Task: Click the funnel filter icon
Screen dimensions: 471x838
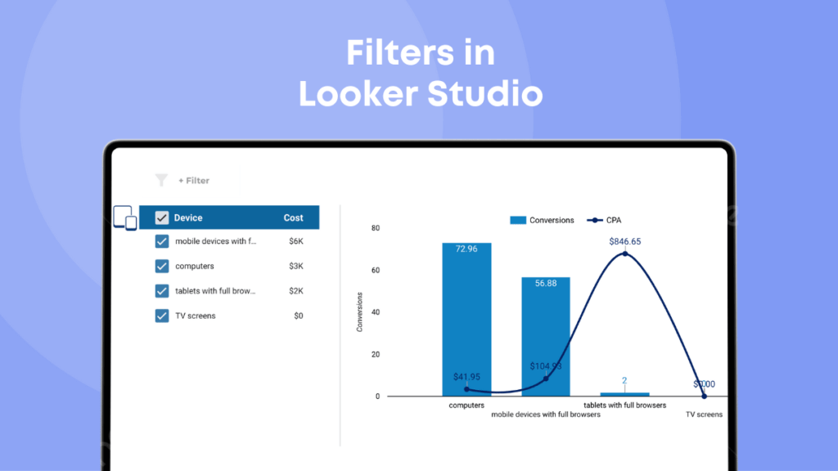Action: coord(161,181)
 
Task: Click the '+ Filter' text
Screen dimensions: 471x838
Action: coord(194,181)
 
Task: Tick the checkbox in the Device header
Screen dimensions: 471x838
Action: coord(162,218)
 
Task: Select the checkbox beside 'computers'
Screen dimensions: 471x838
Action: coord(162,266)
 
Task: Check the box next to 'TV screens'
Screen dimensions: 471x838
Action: coord(162,316)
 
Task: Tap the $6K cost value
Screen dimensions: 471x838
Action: coord(296,241)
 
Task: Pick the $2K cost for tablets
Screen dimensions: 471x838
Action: coord(296,290)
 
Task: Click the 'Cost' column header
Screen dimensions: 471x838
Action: coord(293,218)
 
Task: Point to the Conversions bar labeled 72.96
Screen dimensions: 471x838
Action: coord(466,319)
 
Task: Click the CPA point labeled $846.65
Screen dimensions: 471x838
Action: coord(625,253)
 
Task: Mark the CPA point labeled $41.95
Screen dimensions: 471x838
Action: coord(466,388)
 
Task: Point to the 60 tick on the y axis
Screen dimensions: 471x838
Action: coord(376,270)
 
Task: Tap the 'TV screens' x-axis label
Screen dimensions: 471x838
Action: coord(704,415)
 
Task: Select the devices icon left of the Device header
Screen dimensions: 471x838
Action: coord(124,218)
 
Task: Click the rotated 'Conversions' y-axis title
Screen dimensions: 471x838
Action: coord(359,312)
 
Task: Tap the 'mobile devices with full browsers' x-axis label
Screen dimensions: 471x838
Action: coord(546,415)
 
